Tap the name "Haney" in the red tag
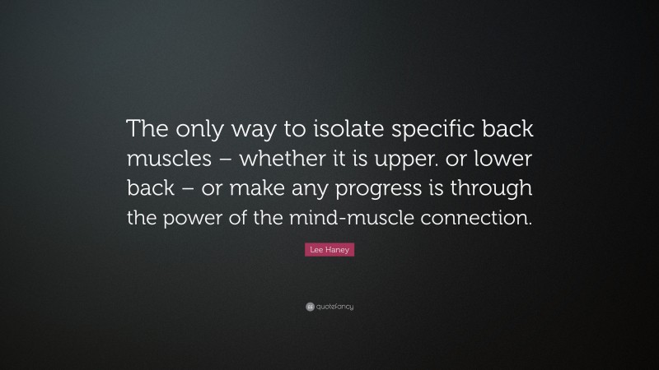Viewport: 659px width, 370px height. click(x=339, y=250)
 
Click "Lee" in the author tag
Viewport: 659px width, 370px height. click(x=315, y=250)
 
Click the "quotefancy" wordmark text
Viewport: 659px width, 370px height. click(x=334, y=307)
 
